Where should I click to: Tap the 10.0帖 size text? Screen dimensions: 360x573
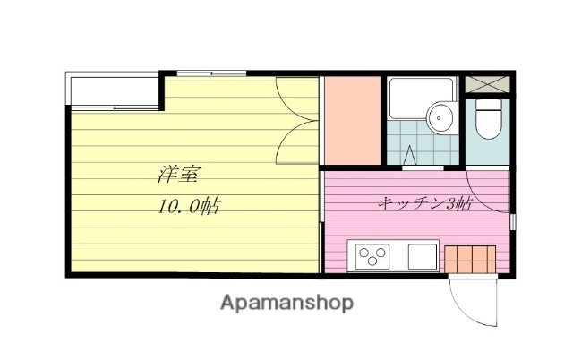[x=189, y=207]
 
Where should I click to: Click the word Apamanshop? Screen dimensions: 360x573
[x=286, y=302]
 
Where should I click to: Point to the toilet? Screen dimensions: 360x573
[x=488, y=122]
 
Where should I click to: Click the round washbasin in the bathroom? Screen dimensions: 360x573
[x=440, y=116]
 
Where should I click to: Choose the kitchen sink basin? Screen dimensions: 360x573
[x=422, y=257]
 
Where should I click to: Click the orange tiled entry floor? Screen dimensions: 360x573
[x=471, y=258]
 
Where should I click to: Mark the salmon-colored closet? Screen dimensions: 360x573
[x=353, y=121]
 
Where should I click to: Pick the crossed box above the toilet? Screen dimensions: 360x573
[x=489, y=86]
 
